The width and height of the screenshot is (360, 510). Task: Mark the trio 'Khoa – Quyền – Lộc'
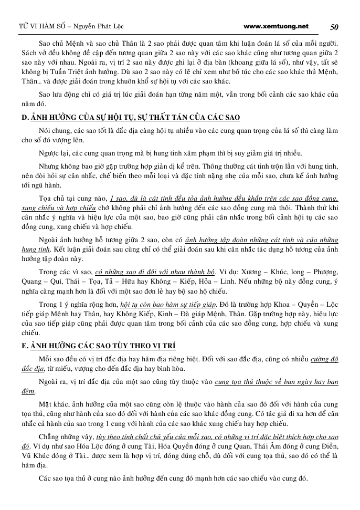click(302, 304)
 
